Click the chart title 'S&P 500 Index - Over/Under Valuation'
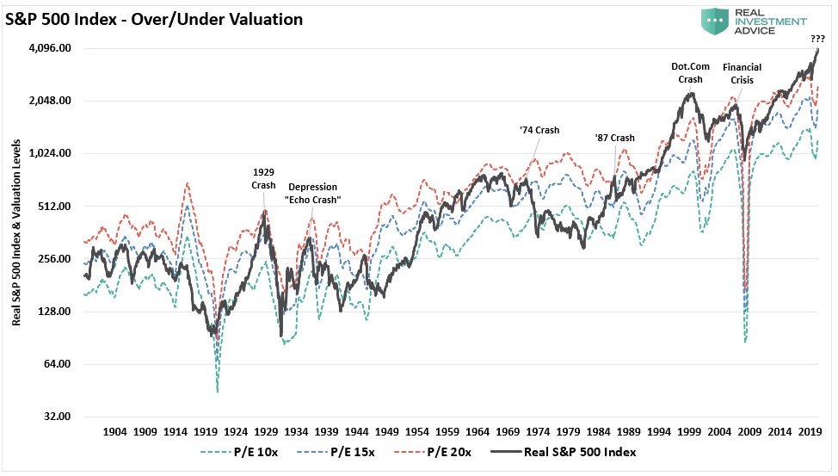(155, 19)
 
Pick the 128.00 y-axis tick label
(56, 312)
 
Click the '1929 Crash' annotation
(263, 178)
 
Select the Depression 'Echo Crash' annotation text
(313, 193)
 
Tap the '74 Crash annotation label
(539, 130)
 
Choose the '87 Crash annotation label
(614, 138)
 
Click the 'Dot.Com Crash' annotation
(690, 72)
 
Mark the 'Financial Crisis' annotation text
(741, 73)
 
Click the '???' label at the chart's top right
(816, 39)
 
